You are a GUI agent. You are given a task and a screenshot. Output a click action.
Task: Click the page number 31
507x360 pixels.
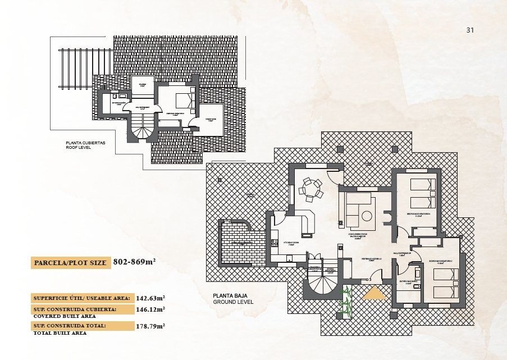pos(471,30)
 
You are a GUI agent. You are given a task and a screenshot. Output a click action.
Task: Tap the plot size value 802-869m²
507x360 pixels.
pos(134,262)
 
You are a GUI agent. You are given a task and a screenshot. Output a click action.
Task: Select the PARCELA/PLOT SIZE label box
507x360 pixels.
pos(70,262)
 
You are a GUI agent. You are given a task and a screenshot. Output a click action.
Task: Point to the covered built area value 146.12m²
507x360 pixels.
pos(150,309)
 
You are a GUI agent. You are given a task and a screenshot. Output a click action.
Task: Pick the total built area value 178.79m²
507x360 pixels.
pos(150,326)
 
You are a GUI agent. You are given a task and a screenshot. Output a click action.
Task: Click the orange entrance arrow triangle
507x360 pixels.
pos(373,295)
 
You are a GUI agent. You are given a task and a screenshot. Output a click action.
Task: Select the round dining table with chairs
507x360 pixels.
pos(311,189)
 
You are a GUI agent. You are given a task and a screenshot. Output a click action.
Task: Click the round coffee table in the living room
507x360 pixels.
pos(367,216)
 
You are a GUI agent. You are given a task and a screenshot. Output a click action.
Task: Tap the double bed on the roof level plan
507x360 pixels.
pos(184,100)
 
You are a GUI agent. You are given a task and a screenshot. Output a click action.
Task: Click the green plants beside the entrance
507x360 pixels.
pos(346,300)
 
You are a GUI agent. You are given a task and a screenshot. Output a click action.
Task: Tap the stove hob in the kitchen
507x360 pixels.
pos(275,243)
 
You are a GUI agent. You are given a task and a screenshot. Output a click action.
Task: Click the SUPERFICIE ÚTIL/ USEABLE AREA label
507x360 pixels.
pos(82,298)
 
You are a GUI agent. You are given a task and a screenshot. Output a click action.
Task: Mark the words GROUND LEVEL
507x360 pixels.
pos(233,302)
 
